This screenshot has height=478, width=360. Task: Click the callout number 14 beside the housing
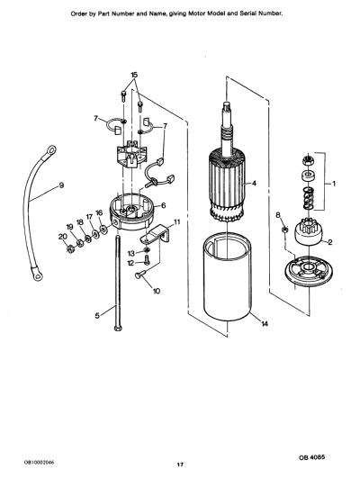click(265, 324)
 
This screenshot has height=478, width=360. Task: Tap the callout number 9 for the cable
click(61, 185)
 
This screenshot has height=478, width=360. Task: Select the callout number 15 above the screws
click(134, 75)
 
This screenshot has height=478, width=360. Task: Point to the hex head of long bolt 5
click(118, 329)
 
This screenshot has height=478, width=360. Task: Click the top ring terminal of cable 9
click(50, 150)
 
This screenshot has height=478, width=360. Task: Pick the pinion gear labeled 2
click(308, 231)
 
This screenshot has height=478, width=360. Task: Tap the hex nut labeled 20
click(69, 249)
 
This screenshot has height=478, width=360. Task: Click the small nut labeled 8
click(284, 230)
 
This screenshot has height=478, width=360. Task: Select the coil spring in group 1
click(308, 198)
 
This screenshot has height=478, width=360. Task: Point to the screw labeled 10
click(140, 275)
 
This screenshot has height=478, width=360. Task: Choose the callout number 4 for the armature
click(254, 184)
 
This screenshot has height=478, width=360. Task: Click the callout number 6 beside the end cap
click(164, 206)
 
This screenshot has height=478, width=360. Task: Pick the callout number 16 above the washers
click(99, 212)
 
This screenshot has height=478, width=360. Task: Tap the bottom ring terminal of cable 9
click(37, 275)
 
